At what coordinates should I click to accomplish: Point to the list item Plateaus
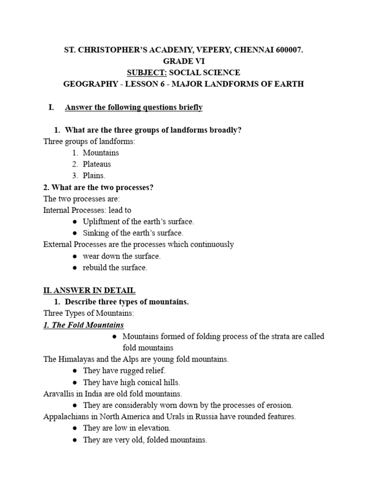97,164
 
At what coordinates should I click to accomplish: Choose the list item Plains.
94,176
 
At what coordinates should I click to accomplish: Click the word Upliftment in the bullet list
102,222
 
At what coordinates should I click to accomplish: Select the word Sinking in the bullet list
96,233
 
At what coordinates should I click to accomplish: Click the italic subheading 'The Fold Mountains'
83,325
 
